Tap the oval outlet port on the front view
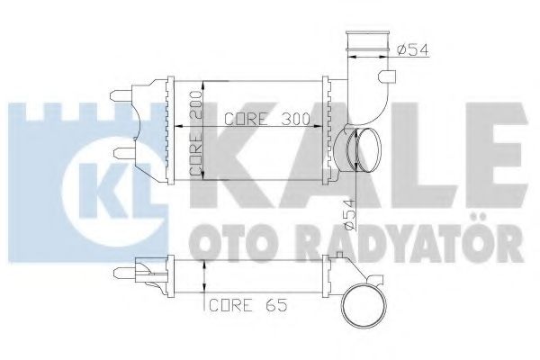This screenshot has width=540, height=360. click(360, 148)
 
